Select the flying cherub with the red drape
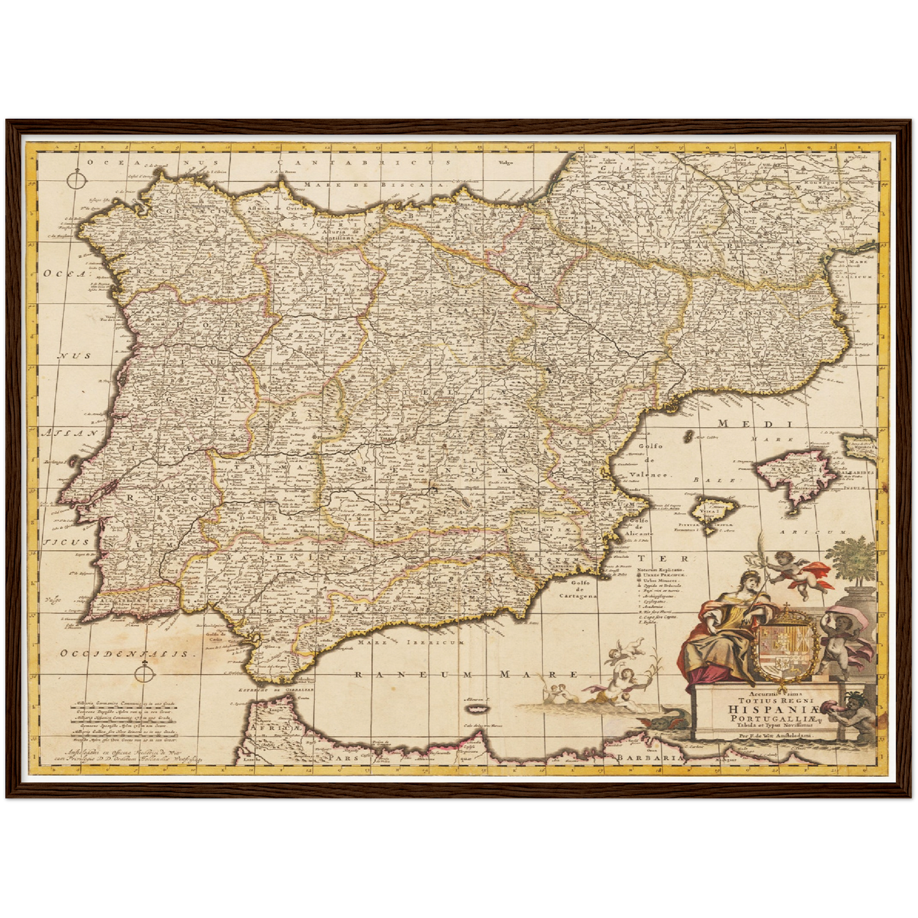(x=793, y=572)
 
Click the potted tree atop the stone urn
(x=855, y=559)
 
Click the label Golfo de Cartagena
(x=579, y=590)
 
